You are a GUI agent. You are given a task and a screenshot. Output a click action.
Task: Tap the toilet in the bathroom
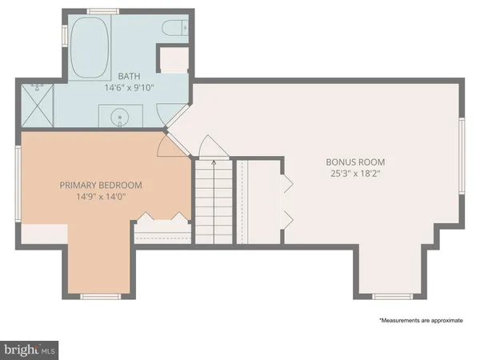[173, 30]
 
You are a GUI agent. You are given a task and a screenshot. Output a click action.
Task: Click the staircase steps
[213, 200]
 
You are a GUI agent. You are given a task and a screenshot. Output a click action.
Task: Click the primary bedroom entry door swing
[168, 144]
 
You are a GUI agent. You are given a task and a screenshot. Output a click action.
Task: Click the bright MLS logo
[30, 349]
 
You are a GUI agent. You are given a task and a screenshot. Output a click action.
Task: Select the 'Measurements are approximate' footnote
[421, 319]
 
